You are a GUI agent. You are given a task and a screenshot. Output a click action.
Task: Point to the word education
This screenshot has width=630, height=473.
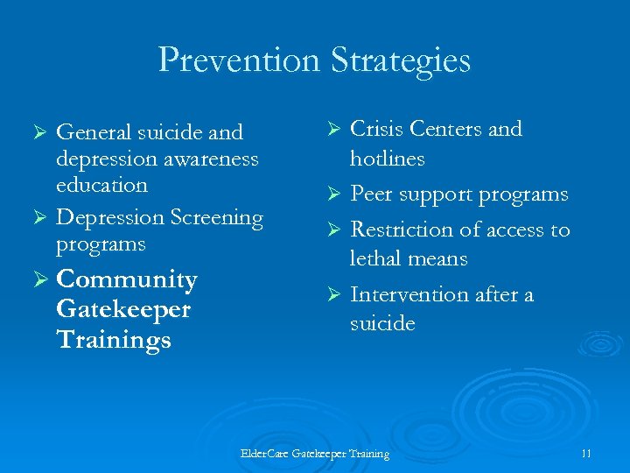[101, 185]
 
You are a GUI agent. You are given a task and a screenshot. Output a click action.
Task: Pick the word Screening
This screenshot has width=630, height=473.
[216, 217]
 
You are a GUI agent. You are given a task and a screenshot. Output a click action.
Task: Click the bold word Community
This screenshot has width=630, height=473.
[126, 280]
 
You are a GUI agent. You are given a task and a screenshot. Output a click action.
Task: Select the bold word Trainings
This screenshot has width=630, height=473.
[113, 340]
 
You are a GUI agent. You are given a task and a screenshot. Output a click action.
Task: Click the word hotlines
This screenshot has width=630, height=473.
[387, 159]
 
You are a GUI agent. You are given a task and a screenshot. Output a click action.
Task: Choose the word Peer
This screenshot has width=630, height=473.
[371, 194]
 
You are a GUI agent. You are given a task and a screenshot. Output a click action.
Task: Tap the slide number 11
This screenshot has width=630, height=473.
[586, 453]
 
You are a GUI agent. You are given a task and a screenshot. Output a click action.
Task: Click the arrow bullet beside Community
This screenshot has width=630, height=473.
[38, 280]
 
